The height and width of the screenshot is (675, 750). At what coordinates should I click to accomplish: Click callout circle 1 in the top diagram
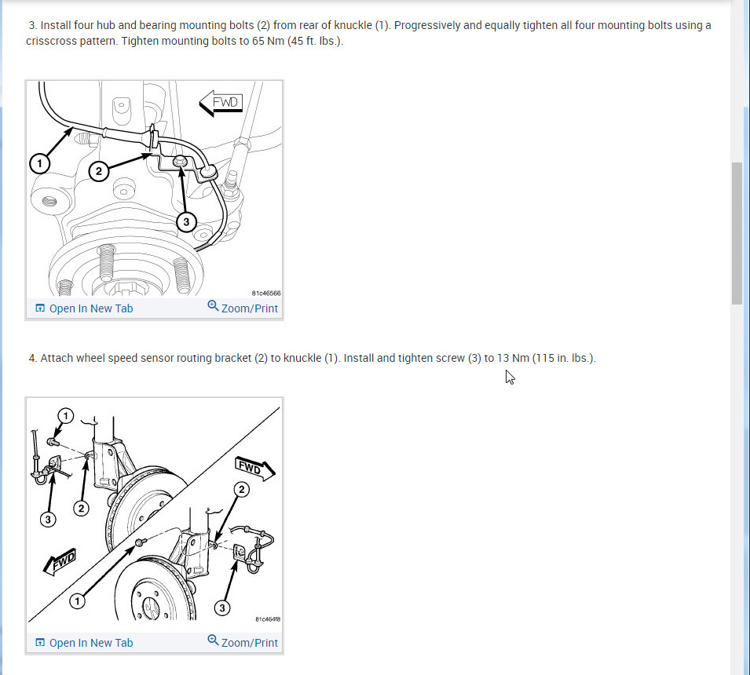(x=40, y=163)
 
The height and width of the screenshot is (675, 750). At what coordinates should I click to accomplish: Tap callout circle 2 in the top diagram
(x=99, y=171)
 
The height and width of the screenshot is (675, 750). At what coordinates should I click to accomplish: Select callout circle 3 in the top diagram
(x=187, y=222)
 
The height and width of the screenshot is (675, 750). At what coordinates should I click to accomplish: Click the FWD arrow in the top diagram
(x=221, y=103)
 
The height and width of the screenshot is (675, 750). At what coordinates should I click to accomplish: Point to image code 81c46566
(x=266, y=293)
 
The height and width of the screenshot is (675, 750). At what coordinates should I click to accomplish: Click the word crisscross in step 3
(x=47, y=41)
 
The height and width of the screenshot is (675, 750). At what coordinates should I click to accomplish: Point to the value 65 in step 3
(x=258, y=41)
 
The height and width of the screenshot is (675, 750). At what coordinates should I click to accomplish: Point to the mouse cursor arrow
(x=510, y=378)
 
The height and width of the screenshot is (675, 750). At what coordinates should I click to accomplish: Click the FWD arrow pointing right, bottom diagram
(x=254, y=468)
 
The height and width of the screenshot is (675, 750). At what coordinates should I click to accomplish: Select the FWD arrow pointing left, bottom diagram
(x=60, y=561)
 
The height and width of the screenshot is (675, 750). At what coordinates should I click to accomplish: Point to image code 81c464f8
(x=268, y=619)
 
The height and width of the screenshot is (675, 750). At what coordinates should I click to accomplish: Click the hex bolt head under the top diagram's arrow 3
(x=181, y=161)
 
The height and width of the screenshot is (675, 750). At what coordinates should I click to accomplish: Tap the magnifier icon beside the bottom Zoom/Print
(x=213, y=640)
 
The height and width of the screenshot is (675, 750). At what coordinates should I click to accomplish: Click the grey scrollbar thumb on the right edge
(x=737, y=233)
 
